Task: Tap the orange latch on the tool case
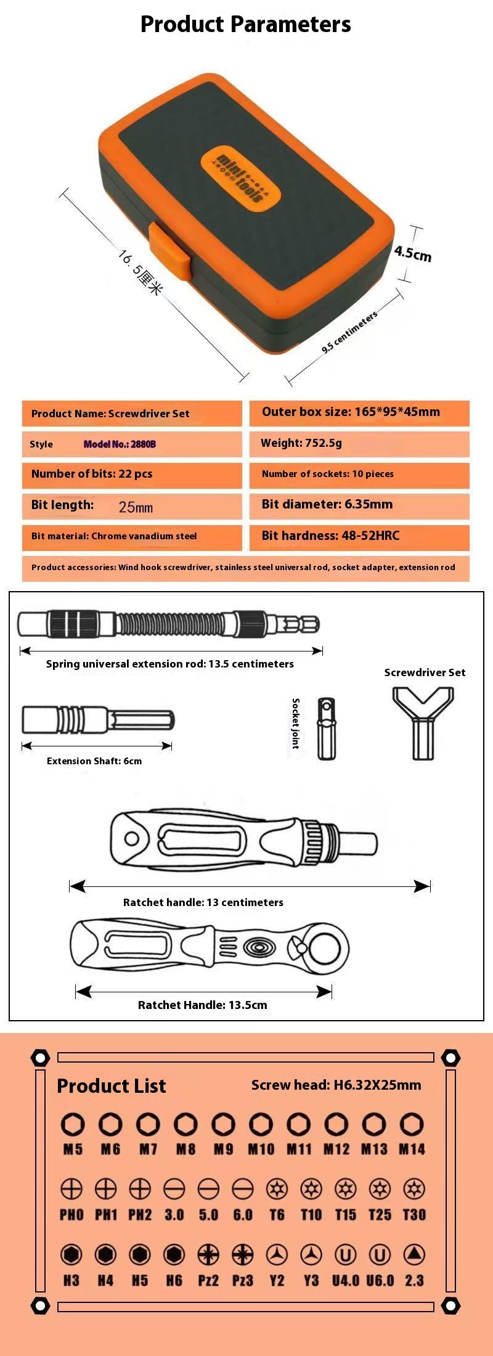[x=169, y=253]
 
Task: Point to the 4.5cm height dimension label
[x=412, y=253]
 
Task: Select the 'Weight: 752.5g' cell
[x=359, y=443]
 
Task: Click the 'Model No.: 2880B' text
[x=120, y=444]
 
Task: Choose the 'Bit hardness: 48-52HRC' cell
[x=359, y=536]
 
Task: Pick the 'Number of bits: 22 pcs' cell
[x=132, y=474]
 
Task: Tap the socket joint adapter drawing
[x=326, y=729]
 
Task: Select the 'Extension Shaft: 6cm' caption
[x=94, y=761]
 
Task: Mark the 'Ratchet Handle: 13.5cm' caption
[x=203, y=1005]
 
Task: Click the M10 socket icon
[x=261, y=1125]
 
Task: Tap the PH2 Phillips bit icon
[x=140, y=1188]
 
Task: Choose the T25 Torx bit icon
[x=380, y=1188]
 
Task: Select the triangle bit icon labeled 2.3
[x=414, y=1254]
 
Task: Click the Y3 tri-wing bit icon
[x=311, y=1254]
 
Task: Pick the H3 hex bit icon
[x=71, y=1254]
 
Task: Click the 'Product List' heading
[x=112, y=1086]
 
